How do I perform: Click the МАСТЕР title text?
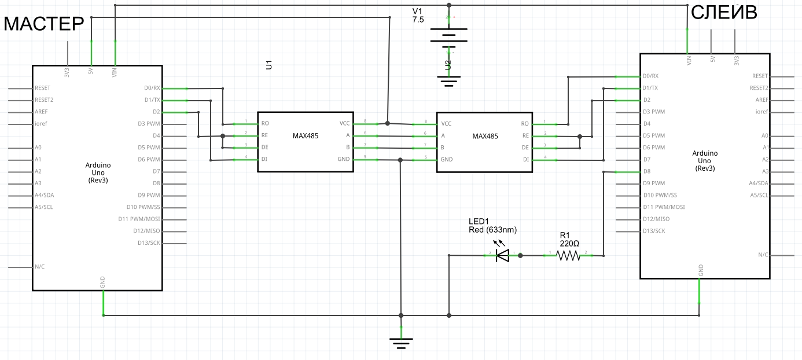(44, 24)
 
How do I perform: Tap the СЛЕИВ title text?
(724, 13)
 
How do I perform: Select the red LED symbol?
(502, 255)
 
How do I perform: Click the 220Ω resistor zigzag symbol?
(568, 255)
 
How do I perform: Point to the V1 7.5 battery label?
(418, 16)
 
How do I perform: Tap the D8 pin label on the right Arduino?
(647, 171)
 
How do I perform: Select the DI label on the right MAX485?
(526, 159)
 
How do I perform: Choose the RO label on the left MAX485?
(265, 123)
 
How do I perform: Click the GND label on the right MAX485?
(447, 159)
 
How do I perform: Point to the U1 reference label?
(268, 65)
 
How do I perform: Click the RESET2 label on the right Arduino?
(759, 88)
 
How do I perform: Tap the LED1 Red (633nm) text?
(492, 226)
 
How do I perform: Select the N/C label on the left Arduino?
(40, 267)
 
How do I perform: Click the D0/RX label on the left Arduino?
(152, 88)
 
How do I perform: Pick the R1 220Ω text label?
(569, 240)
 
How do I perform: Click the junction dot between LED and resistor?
(520, 255)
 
